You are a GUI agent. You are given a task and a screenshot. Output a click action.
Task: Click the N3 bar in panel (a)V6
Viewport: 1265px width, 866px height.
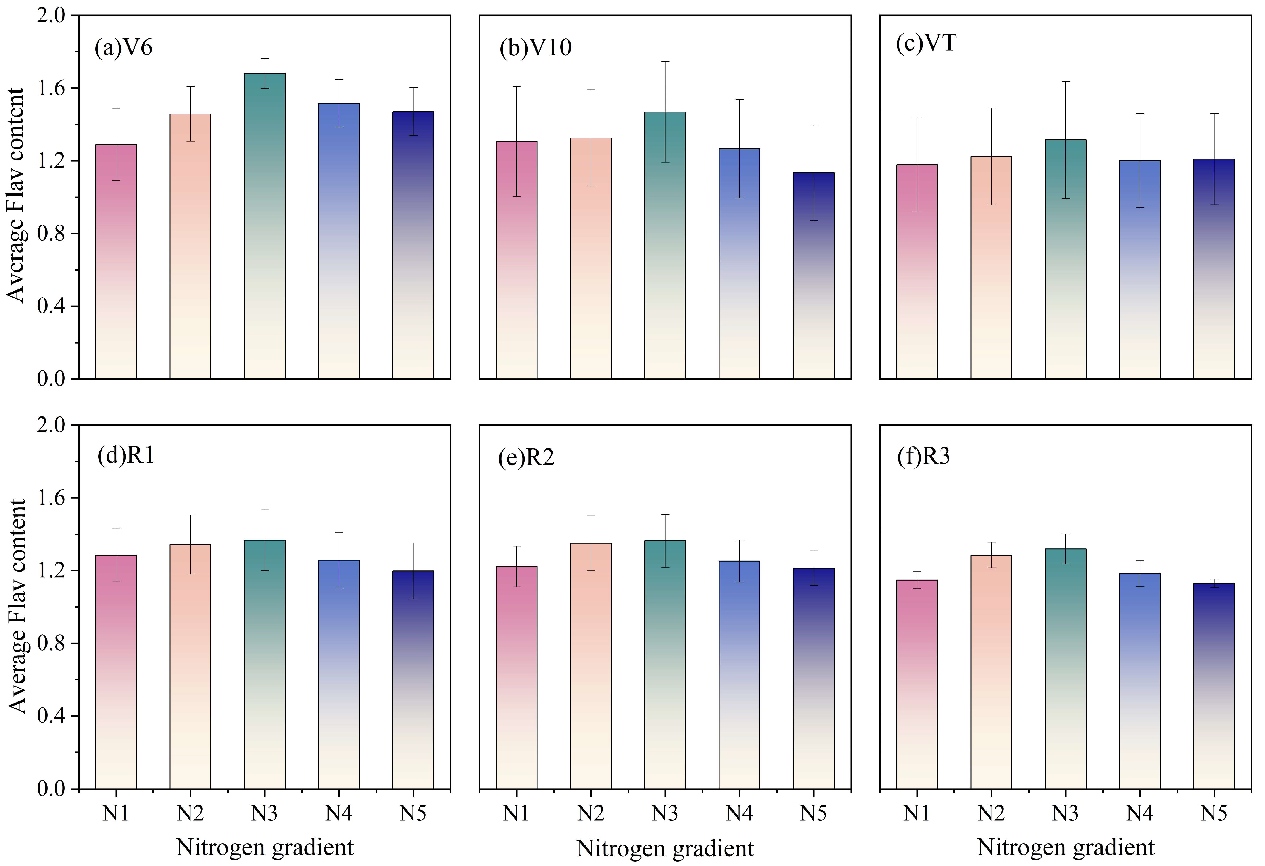[265, 226]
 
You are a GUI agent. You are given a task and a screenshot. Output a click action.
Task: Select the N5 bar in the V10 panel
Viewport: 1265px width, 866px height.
[814, 276]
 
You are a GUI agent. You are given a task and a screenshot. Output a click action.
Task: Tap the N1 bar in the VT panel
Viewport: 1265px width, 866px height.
[917, 272]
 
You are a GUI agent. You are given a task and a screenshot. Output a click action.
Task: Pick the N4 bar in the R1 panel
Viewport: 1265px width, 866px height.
[339, 674]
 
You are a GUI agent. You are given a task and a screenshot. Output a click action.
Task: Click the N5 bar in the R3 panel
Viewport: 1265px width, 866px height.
[1214, 686]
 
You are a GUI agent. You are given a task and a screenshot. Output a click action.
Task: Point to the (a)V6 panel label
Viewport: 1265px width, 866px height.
[124, 47]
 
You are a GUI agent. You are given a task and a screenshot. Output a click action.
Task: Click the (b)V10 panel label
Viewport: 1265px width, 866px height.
[536, 48]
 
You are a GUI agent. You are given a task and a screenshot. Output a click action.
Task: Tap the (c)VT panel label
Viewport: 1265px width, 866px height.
[926, 43]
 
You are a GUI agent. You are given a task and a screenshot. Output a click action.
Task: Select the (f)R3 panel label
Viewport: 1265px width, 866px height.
[924, 456]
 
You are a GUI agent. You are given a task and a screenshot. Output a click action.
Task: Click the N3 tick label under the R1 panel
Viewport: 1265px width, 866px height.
[265, 813]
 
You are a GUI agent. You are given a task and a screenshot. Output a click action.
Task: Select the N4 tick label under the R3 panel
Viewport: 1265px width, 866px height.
[1140, 813]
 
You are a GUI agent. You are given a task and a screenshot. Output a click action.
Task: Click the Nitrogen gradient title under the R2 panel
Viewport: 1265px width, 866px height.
[665, 848]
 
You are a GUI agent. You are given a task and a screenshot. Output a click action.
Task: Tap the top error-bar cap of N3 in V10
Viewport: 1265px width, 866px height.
[665, 62]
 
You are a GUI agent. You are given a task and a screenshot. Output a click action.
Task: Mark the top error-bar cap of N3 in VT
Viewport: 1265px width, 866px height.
[1066, 81]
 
